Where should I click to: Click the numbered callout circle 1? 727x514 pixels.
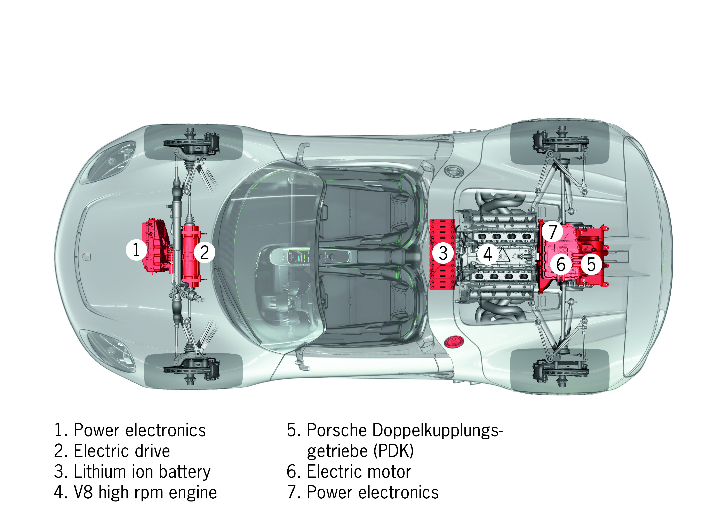click(x=136, y=250)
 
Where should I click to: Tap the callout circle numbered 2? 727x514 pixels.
click(x=205, y=252)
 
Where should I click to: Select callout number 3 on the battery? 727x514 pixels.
click(x=443, y=253)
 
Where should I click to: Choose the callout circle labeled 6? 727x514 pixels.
click(x=561, y=264)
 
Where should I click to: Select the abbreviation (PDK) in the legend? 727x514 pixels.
click(x=394, y=451)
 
